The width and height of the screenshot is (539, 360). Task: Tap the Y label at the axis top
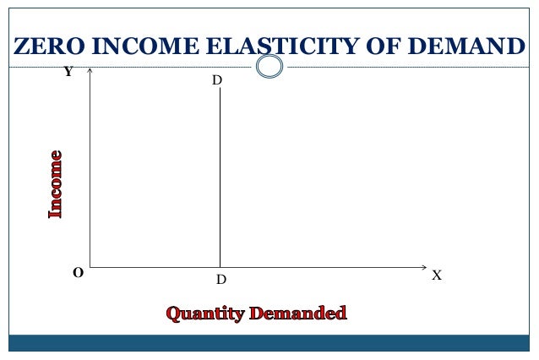pyautogui.click(x=68, y=73)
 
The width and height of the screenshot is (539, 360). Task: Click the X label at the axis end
pyautogui.click(x=437, y=275)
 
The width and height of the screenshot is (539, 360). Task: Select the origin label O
pyautogui.click(x=78, y=273)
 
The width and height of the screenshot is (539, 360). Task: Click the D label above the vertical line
pyautogui.click(x=217, y=80)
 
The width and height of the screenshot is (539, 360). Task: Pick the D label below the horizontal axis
pyautogui.click(x=220, y=279)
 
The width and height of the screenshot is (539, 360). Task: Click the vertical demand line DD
pyautogui.click(x=220, y=177)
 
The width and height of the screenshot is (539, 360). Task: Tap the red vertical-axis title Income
pyautogui.click(x=56, y=184)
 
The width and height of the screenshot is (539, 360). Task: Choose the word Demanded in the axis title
pyautogui.click(x=297, y=314)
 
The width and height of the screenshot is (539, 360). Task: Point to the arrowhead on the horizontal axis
pyautogui.click(x=424, y=267)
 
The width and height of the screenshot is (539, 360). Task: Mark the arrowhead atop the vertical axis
pyautogui.click(x=90, y=71)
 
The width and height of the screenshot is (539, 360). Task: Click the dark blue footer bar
pyautogui.click(x=269, y=342)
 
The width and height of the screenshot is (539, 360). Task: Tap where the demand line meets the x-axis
pyautogui.click(x=220, y=267)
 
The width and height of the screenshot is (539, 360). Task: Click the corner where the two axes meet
pyautogui.click(x=90, y=267)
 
